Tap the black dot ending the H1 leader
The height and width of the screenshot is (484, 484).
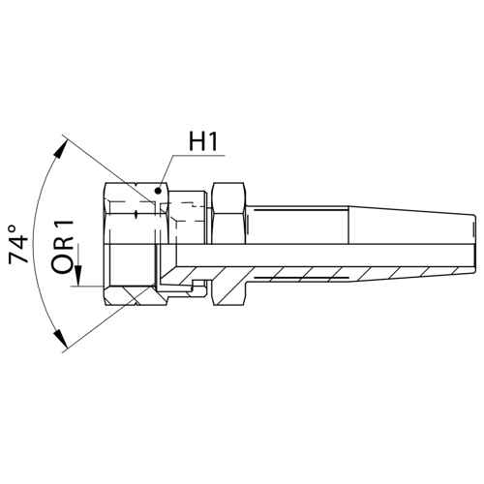pos(158,191)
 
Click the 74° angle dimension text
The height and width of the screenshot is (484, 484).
pos(17,244)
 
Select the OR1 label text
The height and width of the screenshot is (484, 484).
pos(63,247)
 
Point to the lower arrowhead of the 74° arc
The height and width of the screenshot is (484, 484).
pos(61,338)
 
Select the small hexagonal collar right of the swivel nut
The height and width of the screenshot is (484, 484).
pos(228,244)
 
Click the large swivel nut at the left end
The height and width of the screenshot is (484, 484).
pos(136,244)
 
